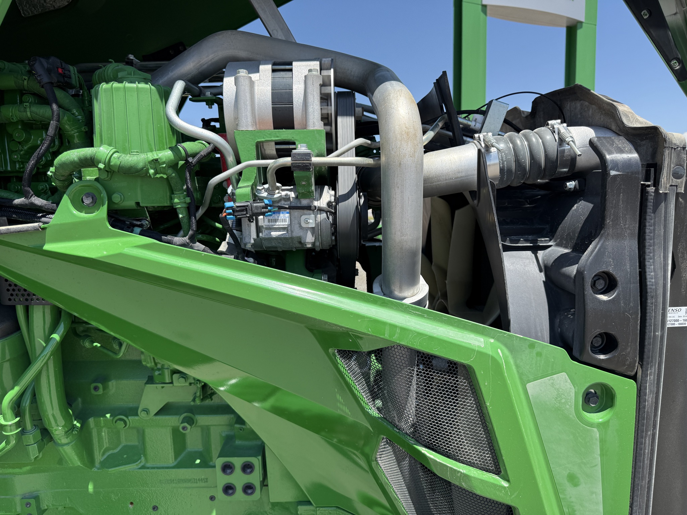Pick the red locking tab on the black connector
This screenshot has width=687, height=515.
click(60, 71)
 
